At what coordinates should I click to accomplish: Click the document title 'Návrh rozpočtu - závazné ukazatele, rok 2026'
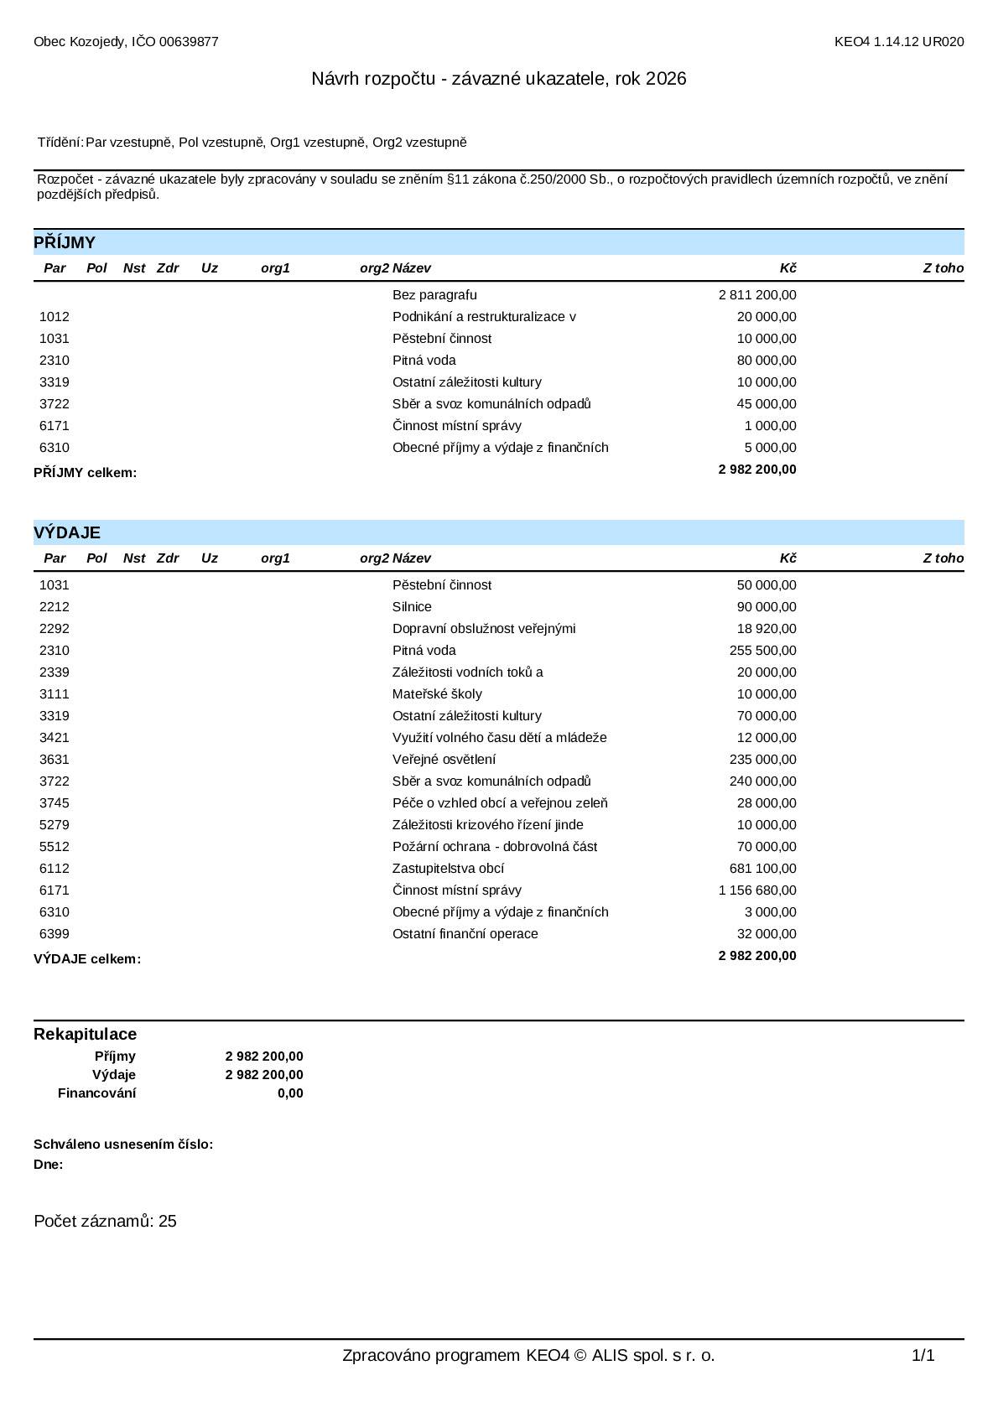tap(498, 79)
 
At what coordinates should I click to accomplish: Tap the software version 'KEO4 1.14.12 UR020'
tap(898, 42)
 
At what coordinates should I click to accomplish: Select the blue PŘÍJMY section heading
tap(65, 242)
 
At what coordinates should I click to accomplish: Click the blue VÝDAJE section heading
tap(67, 532)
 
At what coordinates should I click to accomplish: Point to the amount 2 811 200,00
tap(757, 295)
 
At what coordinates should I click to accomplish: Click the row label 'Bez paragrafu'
tap(434, 295)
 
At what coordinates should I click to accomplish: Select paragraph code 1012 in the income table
tap(55, 317)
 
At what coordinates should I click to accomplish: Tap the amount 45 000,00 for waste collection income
tap(767, 404)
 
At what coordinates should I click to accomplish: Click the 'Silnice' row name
tap(412, 607)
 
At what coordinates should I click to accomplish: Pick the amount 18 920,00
tap(767, 629)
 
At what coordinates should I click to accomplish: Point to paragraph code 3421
tap(55, 738)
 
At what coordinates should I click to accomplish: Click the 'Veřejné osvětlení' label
tap(444, 760)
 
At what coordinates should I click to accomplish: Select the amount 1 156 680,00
tap(757, 890)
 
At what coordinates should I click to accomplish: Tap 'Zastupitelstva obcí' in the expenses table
tap(448, 869)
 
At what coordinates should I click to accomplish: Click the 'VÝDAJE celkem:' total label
tap(87, 959)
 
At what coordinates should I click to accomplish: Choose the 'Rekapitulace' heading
tap(85, 1034)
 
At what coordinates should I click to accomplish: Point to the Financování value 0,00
tap(290, 1093)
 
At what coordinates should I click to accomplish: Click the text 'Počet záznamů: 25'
tap(105, 1221)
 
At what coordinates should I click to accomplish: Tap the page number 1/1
tap(923, 1356)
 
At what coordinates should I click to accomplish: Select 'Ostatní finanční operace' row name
tap(465, 934)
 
